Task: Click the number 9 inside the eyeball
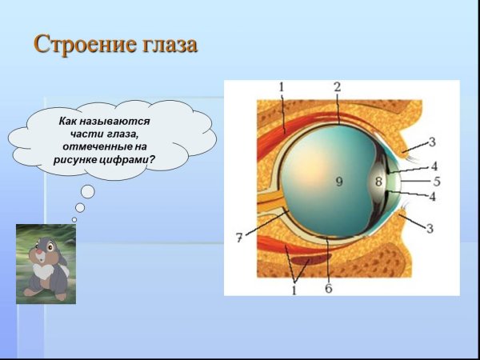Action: tap(338, 182)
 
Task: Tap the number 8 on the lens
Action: tap(378, 182)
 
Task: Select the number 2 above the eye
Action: tap(337, 86)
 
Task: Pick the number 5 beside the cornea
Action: tap(437, 182)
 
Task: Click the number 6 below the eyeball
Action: tap(328, 288)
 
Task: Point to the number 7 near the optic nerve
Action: tap(238, 238)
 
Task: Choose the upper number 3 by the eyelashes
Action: tap(431, 142)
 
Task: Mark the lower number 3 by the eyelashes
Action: tap(430, 229)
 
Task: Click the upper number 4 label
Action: tap(434, 166)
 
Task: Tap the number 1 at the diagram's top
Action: tap(282, 86)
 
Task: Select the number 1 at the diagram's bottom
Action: tap(294, 290)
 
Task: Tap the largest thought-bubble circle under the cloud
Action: tap(88, 191)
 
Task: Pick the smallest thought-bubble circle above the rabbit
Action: tap(74, 218)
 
